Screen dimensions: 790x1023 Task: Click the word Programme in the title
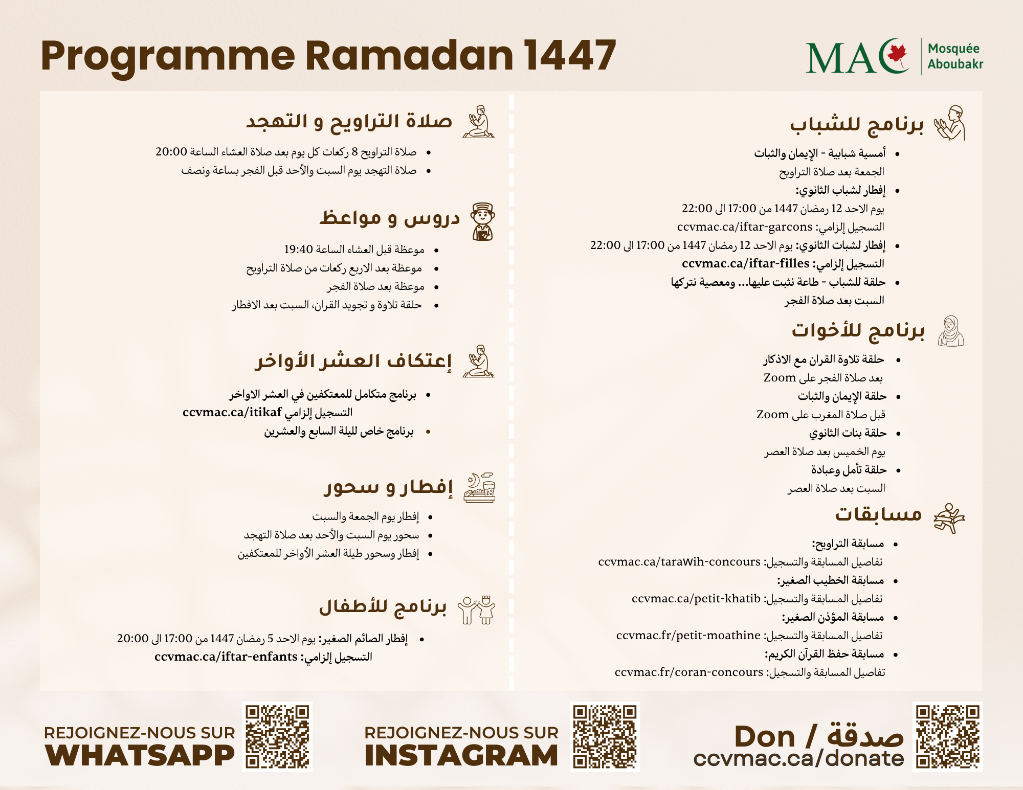pos(168,56)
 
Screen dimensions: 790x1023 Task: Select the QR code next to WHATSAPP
pos(278,737)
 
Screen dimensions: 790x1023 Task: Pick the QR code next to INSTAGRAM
pos(605,737)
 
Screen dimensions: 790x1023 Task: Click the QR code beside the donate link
pos(948,737)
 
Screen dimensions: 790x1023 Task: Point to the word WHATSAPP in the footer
pos(140,756)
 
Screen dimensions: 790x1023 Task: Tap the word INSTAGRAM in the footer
pos(461,756)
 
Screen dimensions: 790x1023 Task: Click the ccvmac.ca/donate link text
pos(798,759)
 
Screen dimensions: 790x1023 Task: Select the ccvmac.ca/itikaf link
pos(232,413)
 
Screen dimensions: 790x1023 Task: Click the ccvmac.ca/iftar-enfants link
pos(226,657)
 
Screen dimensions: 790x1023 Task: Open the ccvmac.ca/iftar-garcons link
pos(745,227)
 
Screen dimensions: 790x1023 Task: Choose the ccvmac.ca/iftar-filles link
pos(745,264)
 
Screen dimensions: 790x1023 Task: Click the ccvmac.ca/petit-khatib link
pos(696,599)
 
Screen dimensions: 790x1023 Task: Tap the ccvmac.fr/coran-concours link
pos(688,672)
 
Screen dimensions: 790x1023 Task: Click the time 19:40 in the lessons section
pos(298,250)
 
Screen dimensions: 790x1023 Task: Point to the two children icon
pos(477,610)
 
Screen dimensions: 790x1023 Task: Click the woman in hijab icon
pos(951,331)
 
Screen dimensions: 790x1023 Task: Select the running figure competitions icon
pos(949,518)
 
